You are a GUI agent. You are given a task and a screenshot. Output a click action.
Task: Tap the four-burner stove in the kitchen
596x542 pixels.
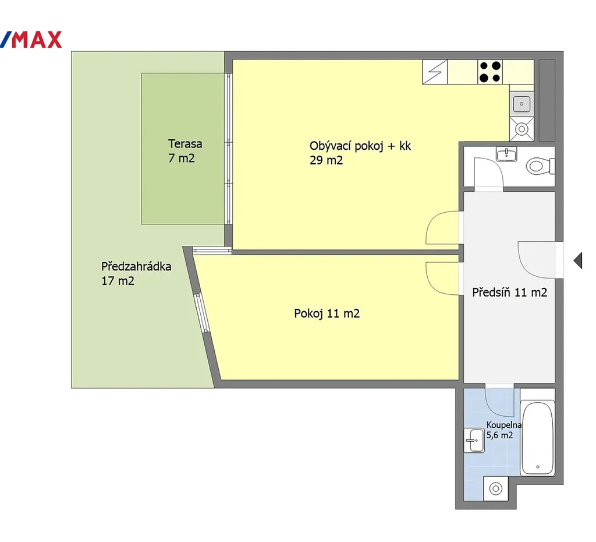pos(490,72)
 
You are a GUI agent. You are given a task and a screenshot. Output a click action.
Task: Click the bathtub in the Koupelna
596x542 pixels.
pos(537,438)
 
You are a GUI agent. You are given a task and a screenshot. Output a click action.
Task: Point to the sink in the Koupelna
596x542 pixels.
pos(474,441)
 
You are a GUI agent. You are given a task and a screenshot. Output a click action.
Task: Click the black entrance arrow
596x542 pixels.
pos(578,261)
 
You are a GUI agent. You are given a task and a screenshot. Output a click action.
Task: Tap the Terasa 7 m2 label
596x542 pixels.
pos(185,151)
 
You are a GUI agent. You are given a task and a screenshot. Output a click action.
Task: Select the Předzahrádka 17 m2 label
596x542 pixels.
pos(136,273)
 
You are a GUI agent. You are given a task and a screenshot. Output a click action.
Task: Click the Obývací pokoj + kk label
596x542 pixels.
pos(360,146)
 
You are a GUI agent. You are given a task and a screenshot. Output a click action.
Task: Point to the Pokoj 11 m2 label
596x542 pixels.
pos(327,313)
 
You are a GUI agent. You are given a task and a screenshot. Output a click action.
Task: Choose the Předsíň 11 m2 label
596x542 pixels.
pos(510,293)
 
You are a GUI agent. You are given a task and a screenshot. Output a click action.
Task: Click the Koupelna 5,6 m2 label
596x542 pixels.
pos(503,430)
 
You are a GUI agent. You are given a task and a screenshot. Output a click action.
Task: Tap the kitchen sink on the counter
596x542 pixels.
pos(521,104)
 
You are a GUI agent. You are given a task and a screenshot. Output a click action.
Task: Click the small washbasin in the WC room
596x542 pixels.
pos(506,154)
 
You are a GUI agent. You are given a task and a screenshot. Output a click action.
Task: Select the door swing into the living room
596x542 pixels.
pos(442,228)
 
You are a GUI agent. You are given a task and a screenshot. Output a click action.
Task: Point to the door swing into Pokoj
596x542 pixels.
pos(442,278)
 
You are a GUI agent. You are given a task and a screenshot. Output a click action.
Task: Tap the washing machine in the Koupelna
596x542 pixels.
pos(496,489)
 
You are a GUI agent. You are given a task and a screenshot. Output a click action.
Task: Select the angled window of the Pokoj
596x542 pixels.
pos(202,313)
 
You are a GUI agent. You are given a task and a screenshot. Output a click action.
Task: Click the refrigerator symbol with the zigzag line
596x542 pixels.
pos(435,72)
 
